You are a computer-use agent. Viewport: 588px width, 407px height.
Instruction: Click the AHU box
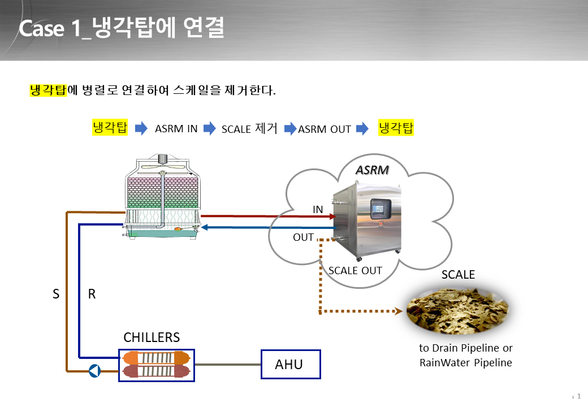[291, 364]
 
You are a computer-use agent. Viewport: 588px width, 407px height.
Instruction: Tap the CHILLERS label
[152, 337]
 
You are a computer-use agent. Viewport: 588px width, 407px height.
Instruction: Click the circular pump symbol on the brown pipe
[94, 371]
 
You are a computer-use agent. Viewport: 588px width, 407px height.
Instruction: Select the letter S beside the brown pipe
[56, 294]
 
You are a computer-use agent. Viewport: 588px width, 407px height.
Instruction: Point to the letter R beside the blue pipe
[92, 294]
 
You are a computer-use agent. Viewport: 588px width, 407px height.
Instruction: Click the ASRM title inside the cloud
[372, 170]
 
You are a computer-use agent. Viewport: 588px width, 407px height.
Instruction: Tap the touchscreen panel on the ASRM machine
[381, 209]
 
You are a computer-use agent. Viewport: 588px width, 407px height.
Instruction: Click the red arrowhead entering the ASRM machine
[332, 217]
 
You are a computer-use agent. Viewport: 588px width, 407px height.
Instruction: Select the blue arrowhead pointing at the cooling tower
[205, 227]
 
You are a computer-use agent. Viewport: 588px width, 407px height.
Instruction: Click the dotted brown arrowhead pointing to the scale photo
[399, 311]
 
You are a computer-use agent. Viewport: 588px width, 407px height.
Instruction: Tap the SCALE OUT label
[355, 271]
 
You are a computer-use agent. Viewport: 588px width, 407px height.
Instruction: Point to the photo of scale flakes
[457, 311]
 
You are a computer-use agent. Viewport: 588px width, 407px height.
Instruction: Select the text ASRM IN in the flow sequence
[176, 128]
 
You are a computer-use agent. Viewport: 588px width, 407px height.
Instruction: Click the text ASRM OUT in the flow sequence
[325, 129]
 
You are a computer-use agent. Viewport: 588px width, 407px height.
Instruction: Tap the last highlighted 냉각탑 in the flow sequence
[396, 127]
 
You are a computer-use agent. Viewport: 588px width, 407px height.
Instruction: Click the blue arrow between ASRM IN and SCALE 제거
[210, 128]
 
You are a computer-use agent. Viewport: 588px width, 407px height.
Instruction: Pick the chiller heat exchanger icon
[157, 365]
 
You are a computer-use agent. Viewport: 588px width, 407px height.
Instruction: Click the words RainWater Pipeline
[466, 363]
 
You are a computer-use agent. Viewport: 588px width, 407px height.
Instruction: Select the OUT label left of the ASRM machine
[303, 237]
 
